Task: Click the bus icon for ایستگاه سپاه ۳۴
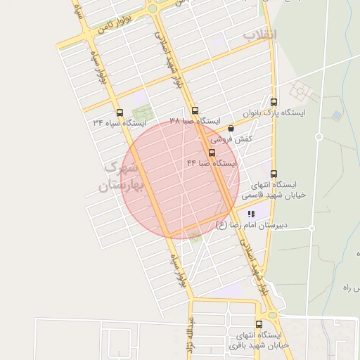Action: click(x=120, y=112)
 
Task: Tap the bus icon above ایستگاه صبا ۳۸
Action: click(x=195, y=110)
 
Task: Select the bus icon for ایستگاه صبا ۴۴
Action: click(x=212, y=153)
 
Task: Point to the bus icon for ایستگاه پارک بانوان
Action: click(x=274, y=102)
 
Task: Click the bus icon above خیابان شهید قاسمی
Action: click(x=274, y=174)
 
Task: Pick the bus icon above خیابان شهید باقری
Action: click(x=259, y=324)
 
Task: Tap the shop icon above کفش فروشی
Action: click(x=231, y=128)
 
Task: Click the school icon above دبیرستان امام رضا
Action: click(x=251, y=213)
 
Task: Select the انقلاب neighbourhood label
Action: click(x=260, y=34)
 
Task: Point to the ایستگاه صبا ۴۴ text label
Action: click(x=212, y=163)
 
